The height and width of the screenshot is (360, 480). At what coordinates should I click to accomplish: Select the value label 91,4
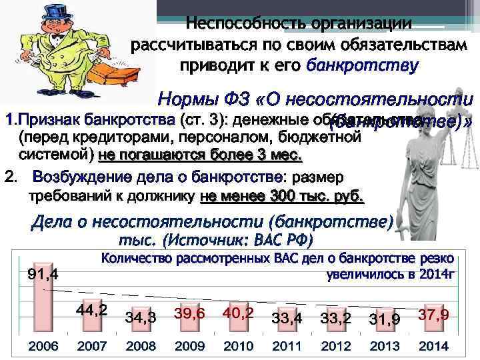[x=42, y=274]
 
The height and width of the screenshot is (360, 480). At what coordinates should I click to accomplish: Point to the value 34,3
[x=141, y=318]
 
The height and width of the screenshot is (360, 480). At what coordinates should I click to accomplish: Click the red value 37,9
[x=433, y=314]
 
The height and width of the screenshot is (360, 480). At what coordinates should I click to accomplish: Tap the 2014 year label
[x=433, y=347]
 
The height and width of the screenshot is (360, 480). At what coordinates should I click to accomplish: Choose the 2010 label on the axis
[x=239, y=347]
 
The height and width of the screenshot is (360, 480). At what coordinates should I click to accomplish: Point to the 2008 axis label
[x=141, y=347]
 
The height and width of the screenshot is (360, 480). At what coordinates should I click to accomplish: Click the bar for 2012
[x=335, y=333]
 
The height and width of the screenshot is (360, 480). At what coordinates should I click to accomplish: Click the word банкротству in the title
[x=362, y=65]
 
